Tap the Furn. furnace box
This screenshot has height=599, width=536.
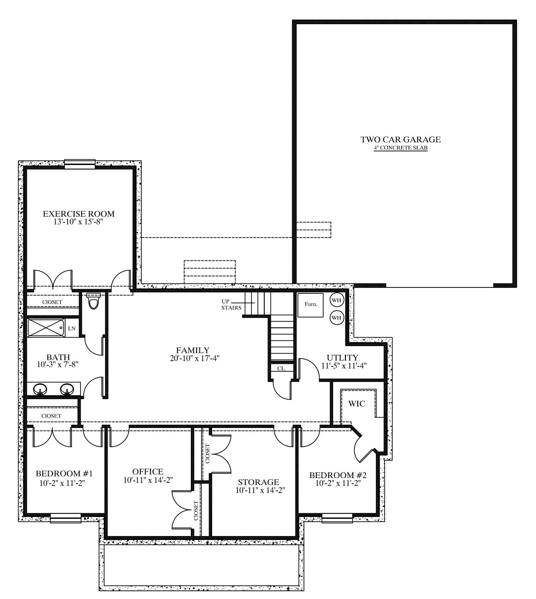point(310,305)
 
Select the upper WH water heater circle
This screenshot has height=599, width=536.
point(336,300)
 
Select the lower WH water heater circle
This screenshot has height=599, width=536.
point(336,317)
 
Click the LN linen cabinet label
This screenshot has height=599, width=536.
point(72,328)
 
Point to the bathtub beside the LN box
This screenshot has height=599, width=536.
point(46,328)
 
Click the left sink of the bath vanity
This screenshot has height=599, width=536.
point(41,389)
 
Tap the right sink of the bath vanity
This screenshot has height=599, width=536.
point(67,389)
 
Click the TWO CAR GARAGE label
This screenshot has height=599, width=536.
point(401,139)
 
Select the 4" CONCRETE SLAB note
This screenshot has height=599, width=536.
point(401,148)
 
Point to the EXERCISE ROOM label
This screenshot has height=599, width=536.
point(79,214)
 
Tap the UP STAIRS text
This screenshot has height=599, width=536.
point(231,305)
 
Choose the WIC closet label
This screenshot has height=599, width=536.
point(357,404)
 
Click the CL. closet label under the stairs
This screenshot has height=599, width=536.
point(282,369)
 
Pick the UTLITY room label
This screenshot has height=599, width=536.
point(342,357)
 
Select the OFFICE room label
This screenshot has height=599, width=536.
point(148,472)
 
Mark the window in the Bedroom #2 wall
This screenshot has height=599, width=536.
point(337,518)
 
